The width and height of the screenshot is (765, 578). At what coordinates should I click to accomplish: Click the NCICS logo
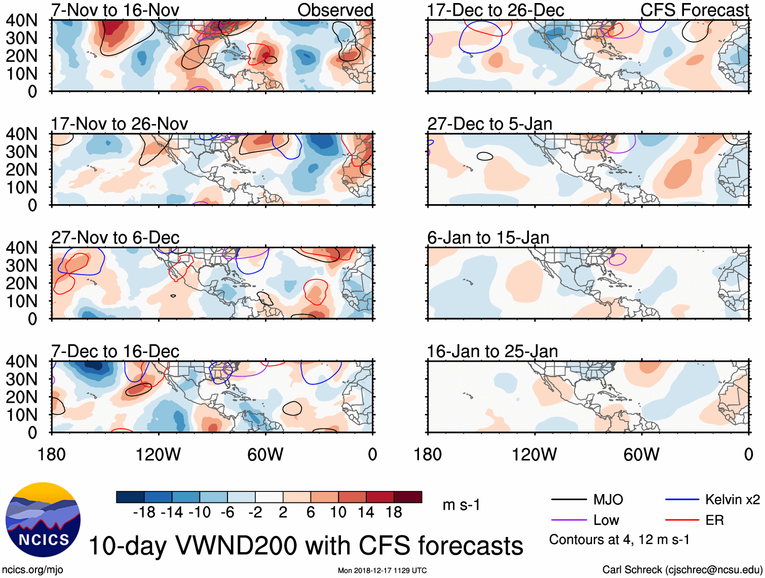click(x=43, y=520)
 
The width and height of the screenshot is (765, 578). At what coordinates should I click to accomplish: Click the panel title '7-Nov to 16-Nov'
click(x=115, y=10)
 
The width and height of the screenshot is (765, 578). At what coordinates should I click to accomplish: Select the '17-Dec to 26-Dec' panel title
click(x=495, y=10)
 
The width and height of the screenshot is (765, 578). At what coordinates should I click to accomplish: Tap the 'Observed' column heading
click(x=335, y=10)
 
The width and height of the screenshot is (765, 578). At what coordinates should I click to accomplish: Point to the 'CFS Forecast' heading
click(x=694, y=10)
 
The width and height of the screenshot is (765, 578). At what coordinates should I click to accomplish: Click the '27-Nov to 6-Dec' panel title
click(x=115, y=238)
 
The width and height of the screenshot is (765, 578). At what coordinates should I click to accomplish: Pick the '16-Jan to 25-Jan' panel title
click(x=492, y=352)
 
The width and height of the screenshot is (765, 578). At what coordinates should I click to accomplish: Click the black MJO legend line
click(x=569, y=500)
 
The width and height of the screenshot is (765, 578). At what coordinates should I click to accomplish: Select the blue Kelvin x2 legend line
click(x=682, y=500)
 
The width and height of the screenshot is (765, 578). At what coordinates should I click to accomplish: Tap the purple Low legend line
click(x=569, y=520)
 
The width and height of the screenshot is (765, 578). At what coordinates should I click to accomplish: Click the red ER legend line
click(x=682, y=520)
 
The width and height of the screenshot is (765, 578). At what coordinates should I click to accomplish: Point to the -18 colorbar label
click(x=144, y=513)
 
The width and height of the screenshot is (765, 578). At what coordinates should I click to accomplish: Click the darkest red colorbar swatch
click(x=408, y=497)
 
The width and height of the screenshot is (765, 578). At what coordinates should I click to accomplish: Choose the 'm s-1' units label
click(x=461, y=505)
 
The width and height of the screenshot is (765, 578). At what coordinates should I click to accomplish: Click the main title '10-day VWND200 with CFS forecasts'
click(x=305, y=546)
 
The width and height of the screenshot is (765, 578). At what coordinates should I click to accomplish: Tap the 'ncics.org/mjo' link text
click(x=32, y=570)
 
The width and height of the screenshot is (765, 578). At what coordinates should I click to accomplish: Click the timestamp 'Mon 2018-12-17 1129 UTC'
click(x=382, y=571)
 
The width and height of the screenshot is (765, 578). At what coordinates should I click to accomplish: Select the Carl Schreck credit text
click(x=682, y=570)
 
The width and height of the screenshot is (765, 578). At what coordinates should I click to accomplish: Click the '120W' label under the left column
click(x=158, y=454)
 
